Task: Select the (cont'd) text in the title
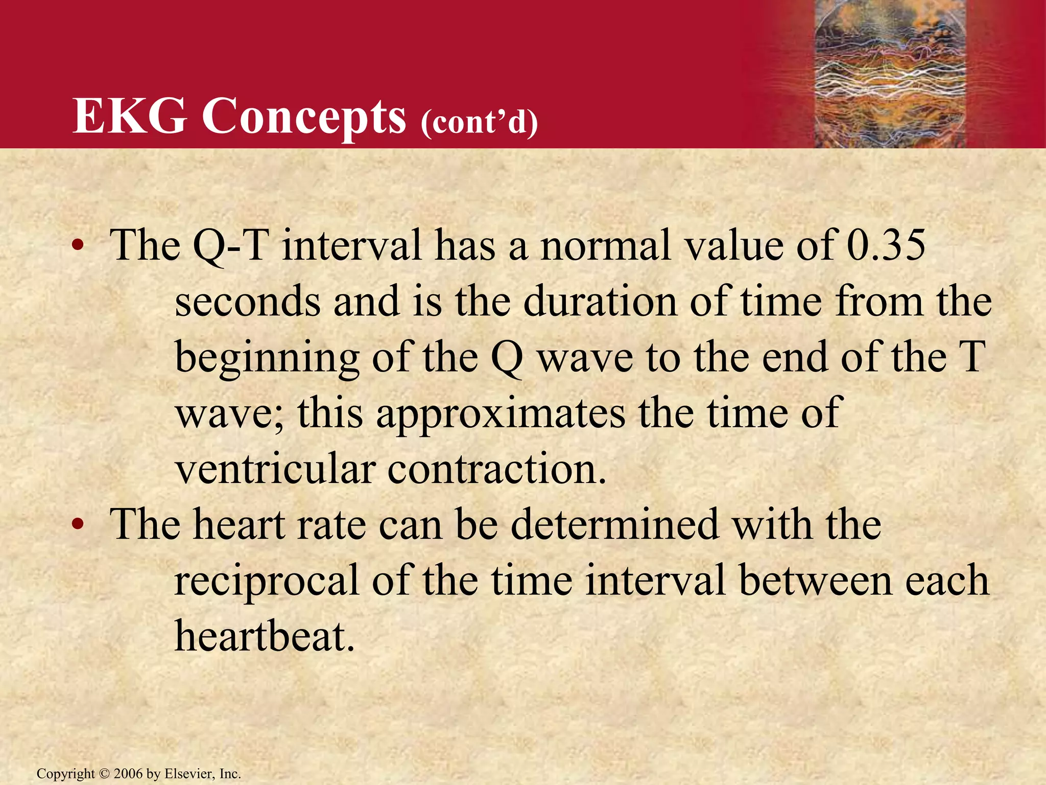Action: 479,123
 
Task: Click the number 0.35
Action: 886,245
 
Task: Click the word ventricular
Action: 276,469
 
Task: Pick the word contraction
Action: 496,469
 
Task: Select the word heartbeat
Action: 264,636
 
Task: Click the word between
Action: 816,581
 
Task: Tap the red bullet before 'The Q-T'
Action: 77,246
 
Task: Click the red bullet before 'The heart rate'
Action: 77,525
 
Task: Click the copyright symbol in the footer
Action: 104,774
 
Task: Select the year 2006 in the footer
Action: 128,774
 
